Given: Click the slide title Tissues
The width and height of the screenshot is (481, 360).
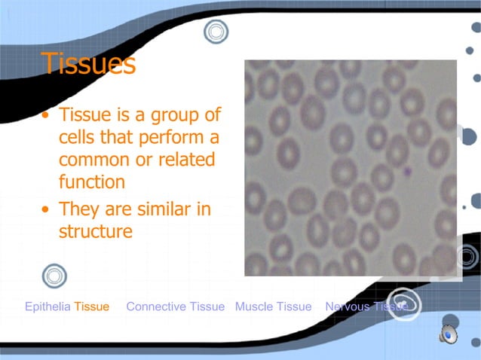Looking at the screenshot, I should click(x=88, y=65).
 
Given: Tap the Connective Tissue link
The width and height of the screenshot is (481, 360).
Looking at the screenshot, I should click(x=176, y=307).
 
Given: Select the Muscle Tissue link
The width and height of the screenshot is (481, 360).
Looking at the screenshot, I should click(x=273, y=307).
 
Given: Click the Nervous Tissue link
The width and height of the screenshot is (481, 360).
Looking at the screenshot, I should click(x=366, y=307).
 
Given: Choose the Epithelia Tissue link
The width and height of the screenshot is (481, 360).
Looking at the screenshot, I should click(x=67, y=307).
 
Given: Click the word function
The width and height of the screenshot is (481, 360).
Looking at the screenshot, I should click(x=92, y=182).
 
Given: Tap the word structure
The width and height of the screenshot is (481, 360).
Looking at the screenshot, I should click(x=96, y=230).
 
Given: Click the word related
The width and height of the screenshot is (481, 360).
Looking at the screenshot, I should click(x=186, y=160).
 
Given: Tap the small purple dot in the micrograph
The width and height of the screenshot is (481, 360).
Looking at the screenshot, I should click(x=408, y=172).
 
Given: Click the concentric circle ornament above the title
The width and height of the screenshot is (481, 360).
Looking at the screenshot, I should click(x=216, y=32).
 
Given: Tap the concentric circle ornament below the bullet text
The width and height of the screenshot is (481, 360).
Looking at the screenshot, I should click(x=54, y=276).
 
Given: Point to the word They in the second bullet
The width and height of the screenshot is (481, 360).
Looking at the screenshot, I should click(x=79, y=209).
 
